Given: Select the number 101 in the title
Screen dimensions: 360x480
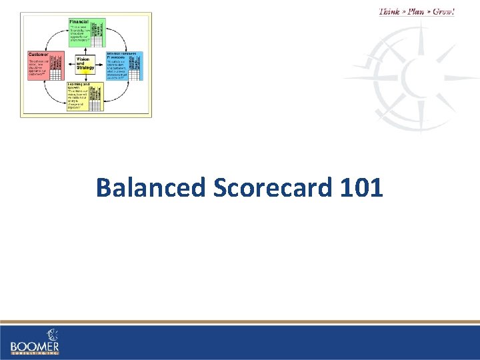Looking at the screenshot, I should [x=361, y=188].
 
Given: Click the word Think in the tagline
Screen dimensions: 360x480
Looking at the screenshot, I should [x=391, y=11].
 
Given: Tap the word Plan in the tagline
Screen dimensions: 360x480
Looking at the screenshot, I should [x=417, y=11].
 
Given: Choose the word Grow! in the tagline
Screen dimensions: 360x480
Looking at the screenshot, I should [x=444, y=11].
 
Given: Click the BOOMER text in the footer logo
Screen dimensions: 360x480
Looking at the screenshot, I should [x=35, y=347].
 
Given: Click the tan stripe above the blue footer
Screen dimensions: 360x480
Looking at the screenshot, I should [x=240, y=322].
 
